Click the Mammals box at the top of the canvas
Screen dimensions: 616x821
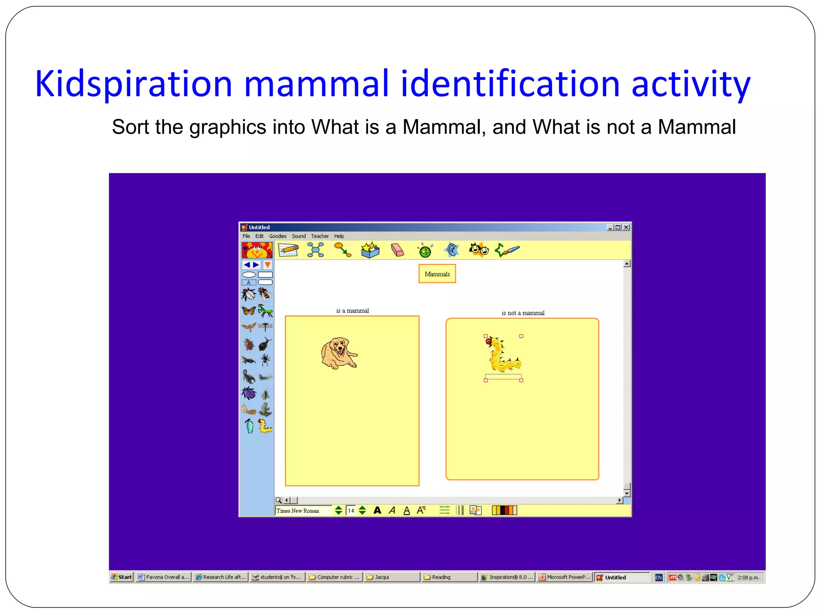click(x=437, y=274)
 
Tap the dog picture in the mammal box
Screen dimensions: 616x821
click(x=339, y=353)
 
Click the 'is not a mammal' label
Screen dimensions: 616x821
click(x=523, y=313)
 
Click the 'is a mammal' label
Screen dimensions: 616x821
click(x=352, y=310)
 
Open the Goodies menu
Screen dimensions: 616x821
click(x=277, y=236)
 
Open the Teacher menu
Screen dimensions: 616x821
click(x=320, y=236)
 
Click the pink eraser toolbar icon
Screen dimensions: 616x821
click(x=397, y=250)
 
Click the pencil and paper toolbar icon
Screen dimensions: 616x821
click(x=288, y=250)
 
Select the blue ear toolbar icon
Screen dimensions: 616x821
click(x=452, y=250)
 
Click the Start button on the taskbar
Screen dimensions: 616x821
click(x=121, y=577)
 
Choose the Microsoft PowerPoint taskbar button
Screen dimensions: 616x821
click(x=565, y=577)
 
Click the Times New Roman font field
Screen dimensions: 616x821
click(x=303, y=511)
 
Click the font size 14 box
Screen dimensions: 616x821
click(x=351, y=511)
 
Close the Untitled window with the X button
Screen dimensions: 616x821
click(x=626, y=227)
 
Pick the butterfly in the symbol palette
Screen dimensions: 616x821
click(x=249, y=311)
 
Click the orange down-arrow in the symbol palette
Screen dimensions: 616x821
click(x=267, y=265)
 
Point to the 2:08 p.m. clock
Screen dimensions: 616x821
click(x=748, y=577)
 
